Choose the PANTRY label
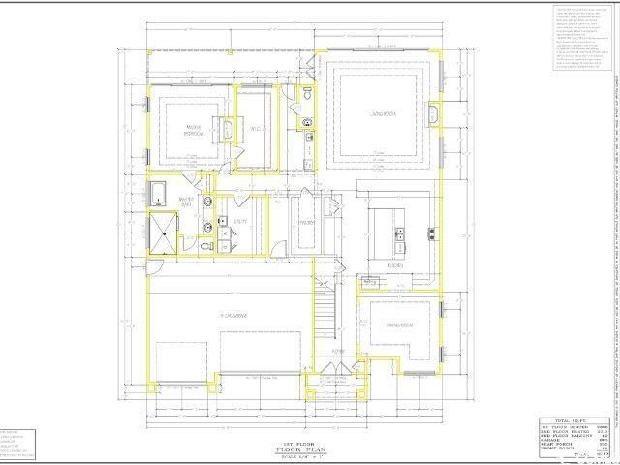(306, 221)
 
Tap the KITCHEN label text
(396, 264)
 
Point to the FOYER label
(338, 379)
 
